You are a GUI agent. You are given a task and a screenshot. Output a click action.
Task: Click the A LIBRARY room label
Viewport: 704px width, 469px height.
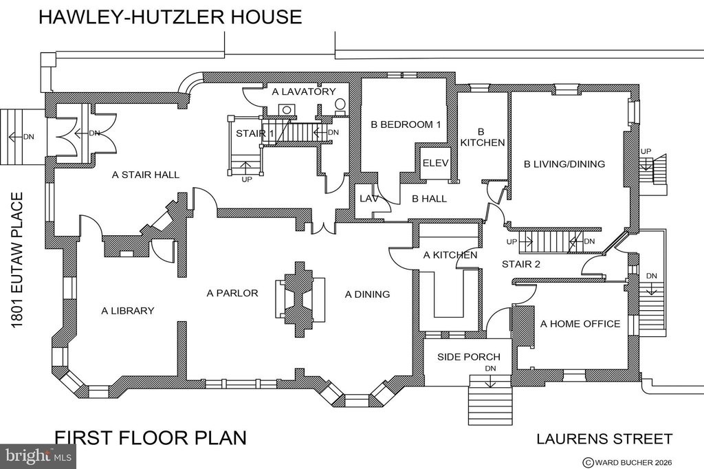(127, 310)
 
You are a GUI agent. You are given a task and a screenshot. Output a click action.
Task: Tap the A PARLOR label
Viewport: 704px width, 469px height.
(232, 294)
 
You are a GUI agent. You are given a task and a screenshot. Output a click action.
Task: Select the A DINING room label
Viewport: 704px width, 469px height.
(367, 294)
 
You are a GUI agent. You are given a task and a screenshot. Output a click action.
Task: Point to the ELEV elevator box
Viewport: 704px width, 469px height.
(435, 163)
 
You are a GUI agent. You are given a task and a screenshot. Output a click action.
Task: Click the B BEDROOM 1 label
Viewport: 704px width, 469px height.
(406, 124)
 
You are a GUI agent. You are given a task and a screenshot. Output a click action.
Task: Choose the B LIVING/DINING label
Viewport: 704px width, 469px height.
(564, 164)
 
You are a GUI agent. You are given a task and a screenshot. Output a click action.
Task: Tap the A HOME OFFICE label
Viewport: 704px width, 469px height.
(580, 324)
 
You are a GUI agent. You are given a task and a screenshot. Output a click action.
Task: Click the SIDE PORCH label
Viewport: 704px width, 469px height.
(469, 357)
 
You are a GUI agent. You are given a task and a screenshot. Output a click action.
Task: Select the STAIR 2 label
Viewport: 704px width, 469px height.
(521, 264)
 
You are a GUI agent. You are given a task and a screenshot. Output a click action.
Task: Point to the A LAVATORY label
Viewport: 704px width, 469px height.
(304, 91)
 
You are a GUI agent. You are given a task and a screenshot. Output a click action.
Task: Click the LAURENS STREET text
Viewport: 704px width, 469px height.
(604, 439)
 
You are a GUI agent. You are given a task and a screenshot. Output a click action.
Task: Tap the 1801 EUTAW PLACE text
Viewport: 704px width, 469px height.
(17, 260)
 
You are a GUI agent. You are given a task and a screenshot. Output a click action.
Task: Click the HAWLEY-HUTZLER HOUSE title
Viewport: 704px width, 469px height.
(170, 17)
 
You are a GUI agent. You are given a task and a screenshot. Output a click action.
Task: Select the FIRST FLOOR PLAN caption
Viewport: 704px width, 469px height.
(151, 437)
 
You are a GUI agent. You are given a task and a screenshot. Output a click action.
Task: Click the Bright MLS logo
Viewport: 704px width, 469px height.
(38, 457)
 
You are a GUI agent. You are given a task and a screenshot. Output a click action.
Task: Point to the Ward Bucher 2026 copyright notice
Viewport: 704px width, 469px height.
(627, 462)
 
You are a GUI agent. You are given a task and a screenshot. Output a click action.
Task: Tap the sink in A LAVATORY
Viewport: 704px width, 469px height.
(286, 109)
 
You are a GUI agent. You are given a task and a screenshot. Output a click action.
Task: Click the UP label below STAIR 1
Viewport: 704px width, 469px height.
(247, 179)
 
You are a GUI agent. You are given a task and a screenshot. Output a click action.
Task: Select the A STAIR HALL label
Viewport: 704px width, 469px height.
(146, 175)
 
